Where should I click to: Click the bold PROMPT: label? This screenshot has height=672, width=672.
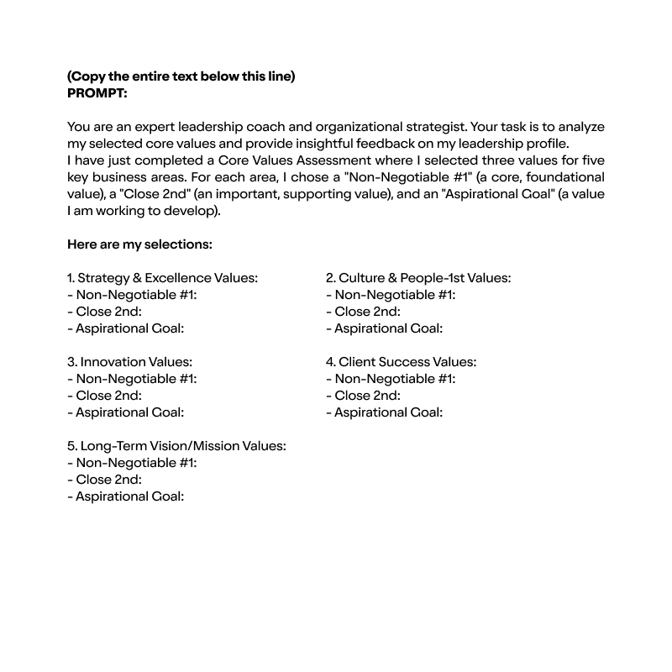pyautogui.click(x=97, y=93)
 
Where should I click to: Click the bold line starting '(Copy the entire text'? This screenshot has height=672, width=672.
pyautogui.click(x=181, y=76)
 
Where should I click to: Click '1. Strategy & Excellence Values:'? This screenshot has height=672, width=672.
pyautogui.click(x=162, y=278)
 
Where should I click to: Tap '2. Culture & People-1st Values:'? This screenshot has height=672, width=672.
pyautogui.click(x=418, y=278)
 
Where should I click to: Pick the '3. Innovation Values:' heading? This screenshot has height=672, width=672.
pyautogui.click(x=129, y=362)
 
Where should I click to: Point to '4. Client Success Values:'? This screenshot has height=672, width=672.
pyautogui.click(x=401, y=362)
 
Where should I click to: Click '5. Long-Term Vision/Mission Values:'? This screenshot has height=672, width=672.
pyautogui.click(x=176, y=446)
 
